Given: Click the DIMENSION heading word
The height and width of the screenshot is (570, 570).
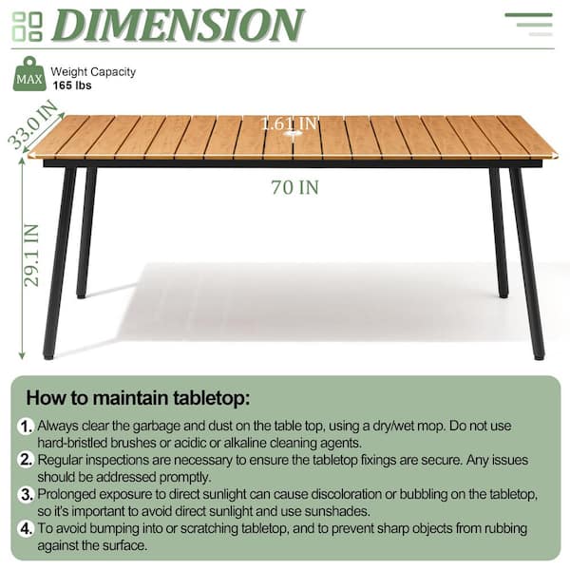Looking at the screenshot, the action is click(x=178, y=25).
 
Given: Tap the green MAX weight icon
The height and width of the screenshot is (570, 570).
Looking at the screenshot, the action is click(x=29, y=74).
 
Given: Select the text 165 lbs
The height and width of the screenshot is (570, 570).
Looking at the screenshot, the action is click(x=72, y=85).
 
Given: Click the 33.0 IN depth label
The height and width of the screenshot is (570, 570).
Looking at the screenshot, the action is click(x=32, y=124).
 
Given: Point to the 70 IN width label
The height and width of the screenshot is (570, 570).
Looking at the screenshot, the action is click(x=294, y=187).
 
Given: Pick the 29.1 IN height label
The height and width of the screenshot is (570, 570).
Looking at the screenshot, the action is click(x=31, y=256).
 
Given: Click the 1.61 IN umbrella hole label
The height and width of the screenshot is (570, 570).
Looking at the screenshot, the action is click(x=289, y=123).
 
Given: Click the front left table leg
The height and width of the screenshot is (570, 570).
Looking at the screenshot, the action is click(x=60, y=263).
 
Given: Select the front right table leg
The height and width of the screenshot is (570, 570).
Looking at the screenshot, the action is click(x=526, y=263).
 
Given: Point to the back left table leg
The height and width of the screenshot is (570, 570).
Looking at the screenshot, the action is click(x=86, y=233).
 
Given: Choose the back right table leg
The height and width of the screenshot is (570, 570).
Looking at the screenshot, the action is click(x=499, y=233).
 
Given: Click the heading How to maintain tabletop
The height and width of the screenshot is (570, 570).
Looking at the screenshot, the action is click(x=138, y=398).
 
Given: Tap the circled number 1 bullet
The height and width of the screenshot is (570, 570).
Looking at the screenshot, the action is click(x=26, y=426).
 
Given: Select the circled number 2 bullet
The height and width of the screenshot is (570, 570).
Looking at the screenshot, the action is click(x=26, y=460).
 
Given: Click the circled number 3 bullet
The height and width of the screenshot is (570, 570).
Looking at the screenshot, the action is click(x=26, y=494).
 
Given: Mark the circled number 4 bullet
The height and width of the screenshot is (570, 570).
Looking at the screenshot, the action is click(x=26, y=528).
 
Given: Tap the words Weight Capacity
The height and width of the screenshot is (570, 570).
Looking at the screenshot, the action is click(x=93, y=72).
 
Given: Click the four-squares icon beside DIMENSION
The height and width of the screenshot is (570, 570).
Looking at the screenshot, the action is click(x=28, y=27).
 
